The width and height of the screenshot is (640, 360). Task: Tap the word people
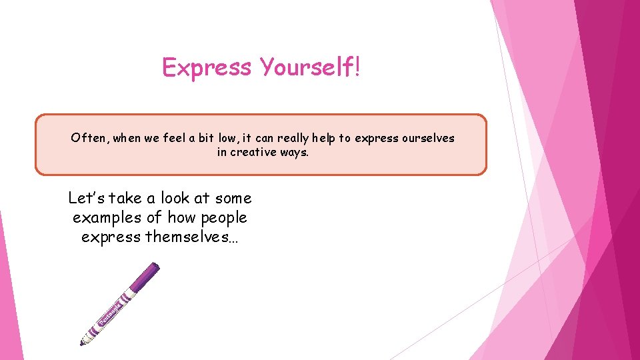coord(225,218)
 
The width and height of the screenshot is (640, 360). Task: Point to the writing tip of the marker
coord(82,343)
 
